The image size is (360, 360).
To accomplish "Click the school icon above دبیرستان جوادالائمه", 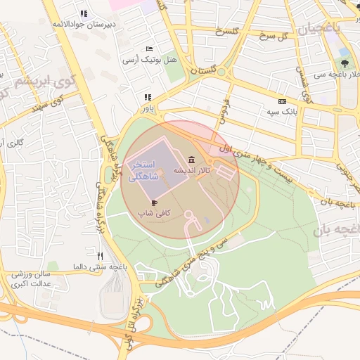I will tap(84, 13).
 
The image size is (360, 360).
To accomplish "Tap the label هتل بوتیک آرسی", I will tap(148, 60).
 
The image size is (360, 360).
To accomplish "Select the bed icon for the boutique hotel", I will tap(148, 49).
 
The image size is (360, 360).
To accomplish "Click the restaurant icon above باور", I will tap(148, 98).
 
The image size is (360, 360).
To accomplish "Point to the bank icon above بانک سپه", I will tap(283, 101).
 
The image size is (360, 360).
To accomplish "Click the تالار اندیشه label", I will tap(193, 170).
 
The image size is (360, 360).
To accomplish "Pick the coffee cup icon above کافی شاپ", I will tap(155, 202).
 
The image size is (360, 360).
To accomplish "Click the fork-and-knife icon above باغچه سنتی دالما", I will tap(101, 256).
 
